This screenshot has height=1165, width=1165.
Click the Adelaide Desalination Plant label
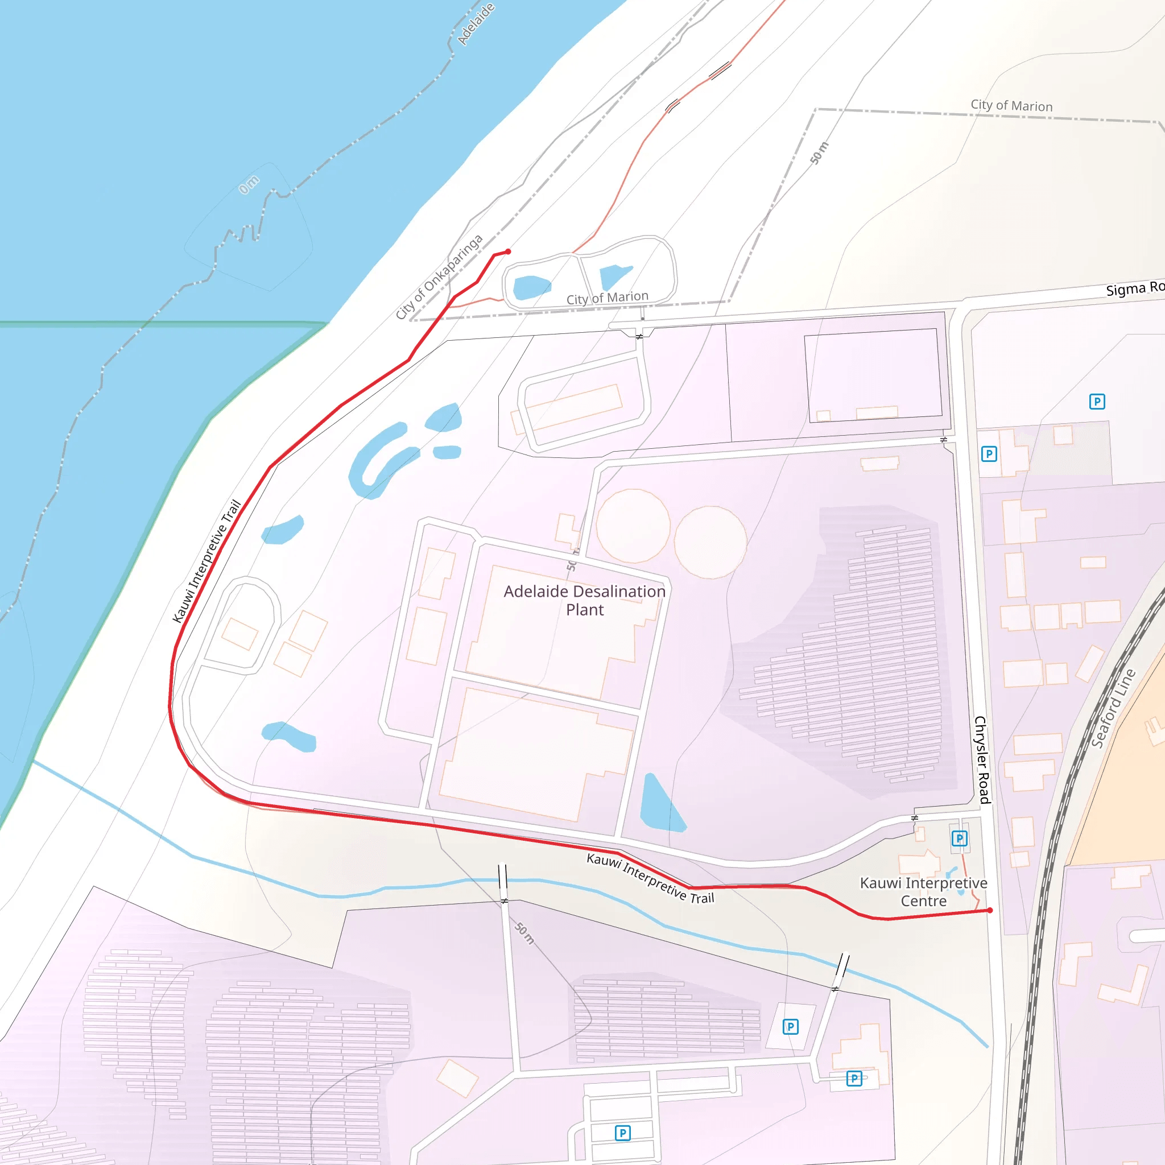click(x=584, y=600)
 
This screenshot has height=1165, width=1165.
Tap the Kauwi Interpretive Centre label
click(x=923, y=892)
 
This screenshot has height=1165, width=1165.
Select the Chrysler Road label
click(x=982, y=760)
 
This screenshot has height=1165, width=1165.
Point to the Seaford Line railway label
click(x=1113, y=709)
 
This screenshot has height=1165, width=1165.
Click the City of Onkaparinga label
click(x=439, y=277)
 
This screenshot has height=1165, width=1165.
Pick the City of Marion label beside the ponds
click(x=607, y=298)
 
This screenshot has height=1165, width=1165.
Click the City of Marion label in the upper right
click(x=1011, y=106)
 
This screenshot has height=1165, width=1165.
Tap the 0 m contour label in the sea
click(x=249, y=184)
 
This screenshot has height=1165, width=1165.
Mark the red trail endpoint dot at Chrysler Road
click(x=990, y=911)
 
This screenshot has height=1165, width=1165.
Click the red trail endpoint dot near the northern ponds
click(x=509, y=251)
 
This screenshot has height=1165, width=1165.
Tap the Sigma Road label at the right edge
click(x=1134, y=288)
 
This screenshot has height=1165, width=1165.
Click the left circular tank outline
click(x=633, y=525)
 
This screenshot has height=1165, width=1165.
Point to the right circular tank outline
click(x=710, y=542)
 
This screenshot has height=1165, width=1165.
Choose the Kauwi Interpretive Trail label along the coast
click(x=206, y=561)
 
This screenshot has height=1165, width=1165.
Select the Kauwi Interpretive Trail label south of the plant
click(x=650, y=878)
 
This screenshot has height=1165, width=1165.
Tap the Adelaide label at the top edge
click(x=476, y=24)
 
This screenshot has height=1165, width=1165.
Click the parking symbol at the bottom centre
click(x=622, y=1133)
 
